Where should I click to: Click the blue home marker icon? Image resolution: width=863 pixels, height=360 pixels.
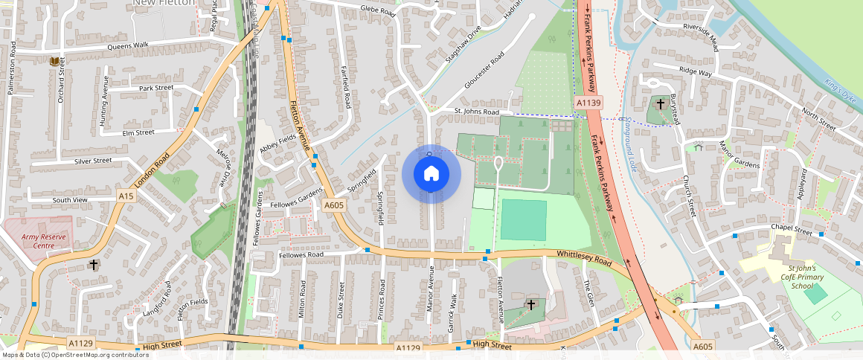(x=431, y=174)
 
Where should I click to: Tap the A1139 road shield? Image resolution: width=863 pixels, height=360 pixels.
(x=588, y=102)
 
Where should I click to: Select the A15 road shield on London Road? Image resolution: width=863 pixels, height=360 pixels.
(x=126, y=196)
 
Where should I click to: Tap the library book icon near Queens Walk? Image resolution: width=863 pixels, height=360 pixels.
(x=54, y=61)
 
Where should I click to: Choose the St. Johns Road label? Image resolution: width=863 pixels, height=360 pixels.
(x=477, y=112)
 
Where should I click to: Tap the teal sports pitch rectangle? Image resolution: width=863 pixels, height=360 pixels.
(x=524, y=219)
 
